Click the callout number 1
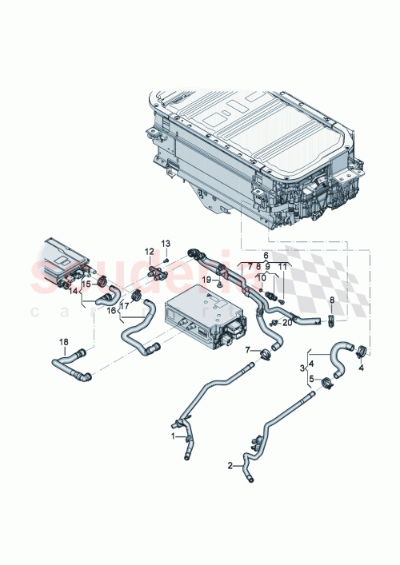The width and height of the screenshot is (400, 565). [x=171, y=437]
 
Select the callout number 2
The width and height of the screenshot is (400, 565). [x=231, y=465]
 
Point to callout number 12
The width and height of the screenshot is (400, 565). [x=149, y=253]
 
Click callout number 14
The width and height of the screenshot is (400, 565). [x=74, y=292]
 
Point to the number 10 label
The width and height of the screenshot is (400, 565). [x=261, y=277]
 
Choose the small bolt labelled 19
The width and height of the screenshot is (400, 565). [x=218, y=282]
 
